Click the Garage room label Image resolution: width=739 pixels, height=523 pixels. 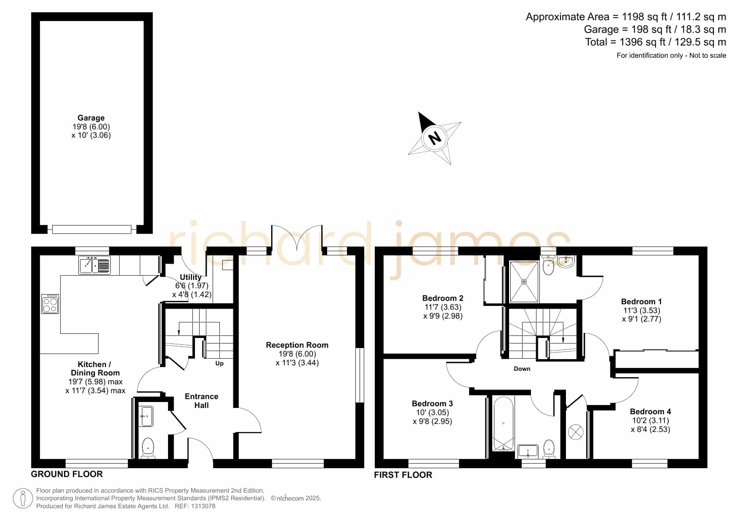(x=91, y=118)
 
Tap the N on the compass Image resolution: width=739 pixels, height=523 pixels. (x=435, y=137)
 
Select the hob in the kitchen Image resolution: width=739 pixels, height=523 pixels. (x=50, y=303)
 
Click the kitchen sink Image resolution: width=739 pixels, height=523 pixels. (x=95, y=265)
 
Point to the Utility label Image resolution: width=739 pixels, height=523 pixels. (x=191, y=277)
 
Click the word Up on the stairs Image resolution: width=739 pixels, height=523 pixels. (x=219, y=363)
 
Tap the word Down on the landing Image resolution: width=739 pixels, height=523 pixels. (x=522, y=369)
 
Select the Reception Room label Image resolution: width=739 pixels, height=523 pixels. (x=297, y=345)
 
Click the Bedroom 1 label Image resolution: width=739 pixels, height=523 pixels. (x=641, y=301)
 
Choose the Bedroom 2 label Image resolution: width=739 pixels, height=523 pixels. (x=443, y=298)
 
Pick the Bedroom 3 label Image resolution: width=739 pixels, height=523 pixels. (x=432, y=403)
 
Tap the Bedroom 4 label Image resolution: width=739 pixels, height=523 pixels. (x=651, y=411)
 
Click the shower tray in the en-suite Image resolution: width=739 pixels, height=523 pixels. (x=524, y=282)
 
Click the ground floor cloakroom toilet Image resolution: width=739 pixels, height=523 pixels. (x=148, y=447)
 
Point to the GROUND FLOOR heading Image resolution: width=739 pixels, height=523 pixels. (x=67, y=474)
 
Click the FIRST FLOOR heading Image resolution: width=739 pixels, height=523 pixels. (x=403, y=475)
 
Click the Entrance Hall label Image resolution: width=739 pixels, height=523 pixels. (x=202, y=401)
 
